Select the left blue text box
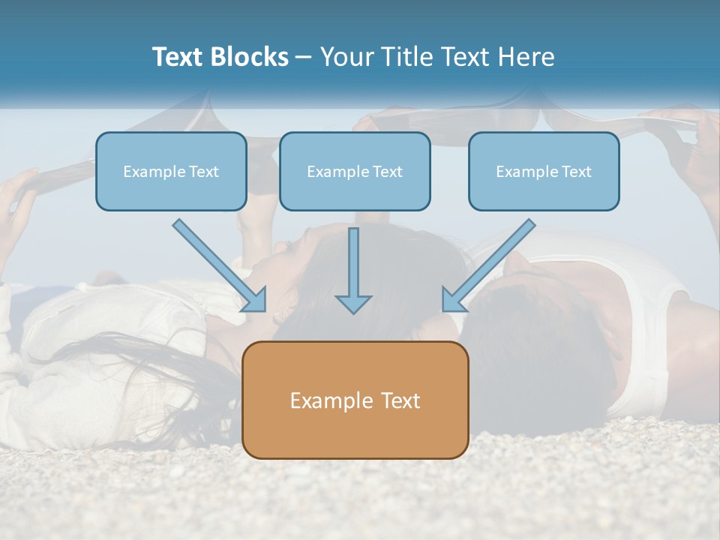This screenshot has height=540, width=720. [171, 171]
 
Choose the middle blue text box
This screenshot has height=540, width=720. [355, 171]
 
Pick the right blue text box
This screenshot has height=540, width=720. [544, 171]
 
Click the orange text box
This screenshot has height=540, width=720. [355, 400]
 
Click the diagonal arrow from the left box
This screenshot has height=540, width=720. [217, 264]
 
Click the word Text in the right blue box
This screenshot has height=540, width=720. [577, 172]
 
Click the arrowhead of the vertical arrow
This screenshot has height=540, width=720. [353, 303]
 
